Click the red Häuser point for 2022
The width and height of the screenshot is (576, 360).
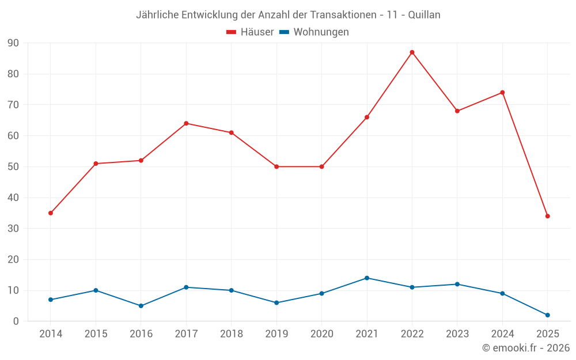[412, 52]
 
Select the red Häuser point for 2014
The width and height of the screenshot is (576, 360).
[51, 213]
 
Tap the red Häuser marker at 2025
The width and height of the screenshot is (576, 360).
[547, 216]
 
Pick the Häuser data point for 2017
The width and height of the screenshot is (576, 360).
[186, 123]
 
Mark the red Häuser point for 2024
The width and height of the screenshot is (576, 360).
[502, 93]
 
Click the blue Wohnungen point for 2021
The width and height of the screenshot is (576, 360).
[367, 278]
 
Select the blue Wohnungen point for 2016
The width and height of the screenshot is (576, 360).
[141, 306]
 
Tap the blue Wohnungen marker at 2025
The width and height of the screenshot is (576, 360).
[547, 315]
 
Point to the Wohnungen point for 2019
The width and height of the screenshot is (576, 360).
[276, 303]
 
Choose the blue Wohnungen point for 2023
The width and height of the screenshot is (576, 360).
[457, 284]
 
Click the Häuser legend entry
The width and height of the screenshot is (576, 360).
[250, 32]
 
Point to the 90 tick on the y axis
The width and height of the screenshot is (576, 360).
[13, 43]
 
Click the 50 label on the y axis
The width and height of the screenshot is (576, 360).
[13, 167]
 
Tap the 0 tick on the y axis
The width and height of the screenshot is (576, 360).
[16, 321]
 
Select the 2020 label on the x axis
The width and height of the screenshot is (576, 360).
[321, 334]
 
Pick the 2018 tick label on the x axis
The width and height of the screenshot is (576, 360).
[231, 334]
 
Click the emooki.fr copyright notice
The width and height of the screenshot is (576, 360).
[525, 348]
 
